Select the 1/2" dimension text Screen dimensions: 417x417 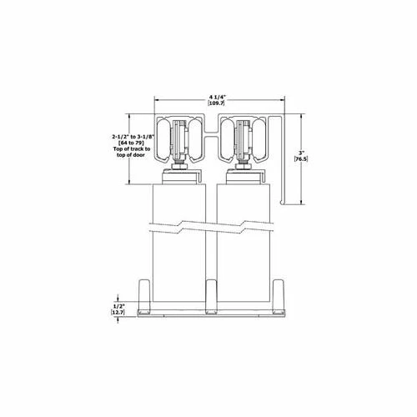pos(119,306)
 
